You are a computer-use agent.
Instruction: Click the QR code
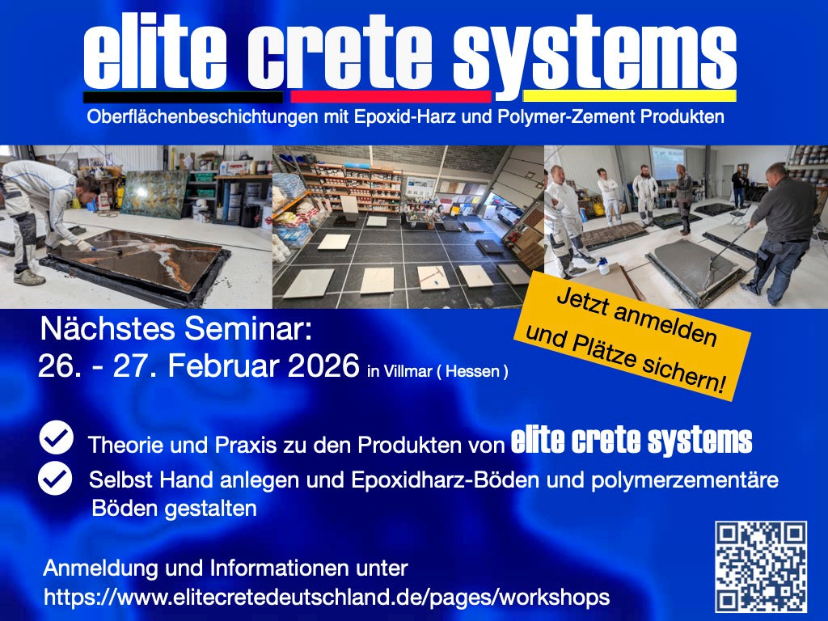(x=760, y=566)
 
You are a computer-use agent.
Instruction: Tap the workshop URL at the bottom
(x=326, y=598)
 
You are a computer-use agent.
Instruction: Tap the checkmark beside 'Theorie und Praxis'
(x=56, y=438)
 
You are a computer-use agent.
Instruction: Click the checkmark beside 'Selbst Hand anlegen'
(x=56, y=478)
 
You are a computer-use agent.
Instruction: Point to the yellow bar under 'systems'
(x=628, y=95)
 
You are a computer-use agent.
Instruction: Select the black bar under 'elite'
(x=183, y=95)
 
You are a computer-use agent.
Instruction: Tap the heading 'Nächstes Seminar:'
(x=175, y=330)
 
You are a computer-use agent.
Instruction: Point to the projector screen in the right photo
(x=668, y=163)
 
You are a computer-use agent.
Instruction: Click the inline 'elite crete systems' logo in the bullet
(x=632, y=441)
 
